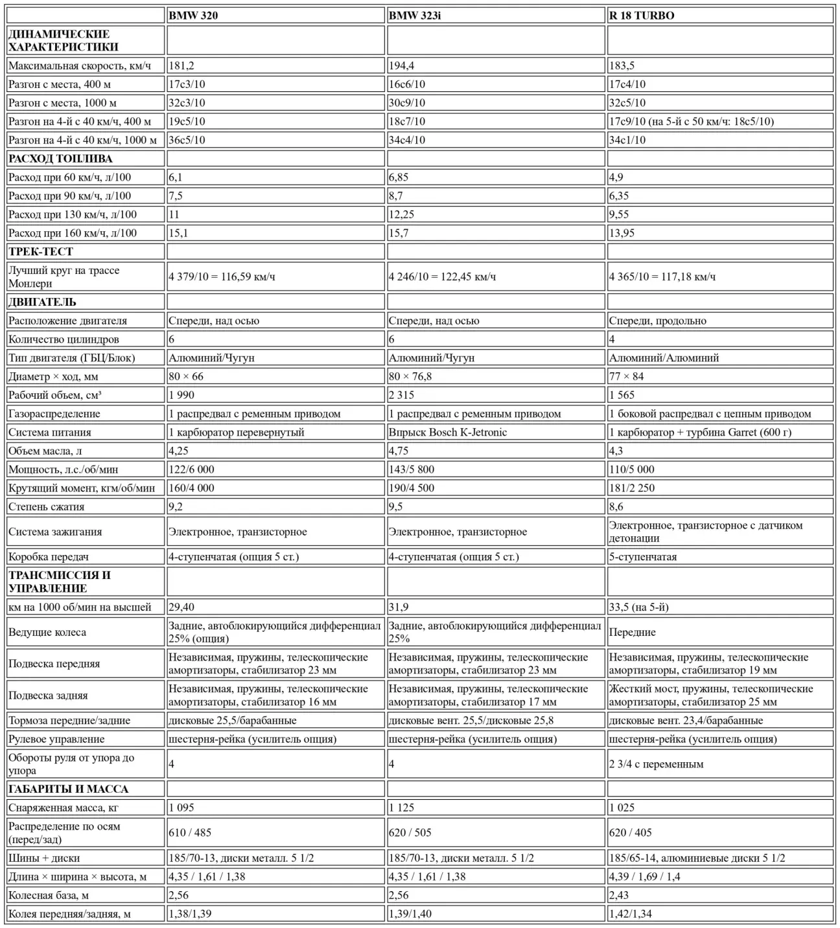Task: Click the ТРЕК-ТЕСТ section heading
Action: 41,251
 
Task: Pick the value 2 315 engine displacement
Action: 401,395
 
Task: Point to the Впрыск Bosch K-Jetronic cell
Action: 448,432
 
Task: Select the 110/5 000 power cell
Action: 631,470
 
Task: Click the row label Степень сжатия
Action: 47,506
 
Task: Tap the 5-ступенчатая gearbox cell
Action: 642,556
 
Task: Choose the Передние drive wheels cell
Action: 632,632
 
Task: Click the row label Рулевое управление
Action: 56,739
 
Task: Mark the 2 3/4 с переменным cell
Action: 656,764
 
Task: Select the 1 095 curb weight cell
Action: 181,808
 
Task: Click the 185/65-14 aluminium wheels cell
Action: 697,858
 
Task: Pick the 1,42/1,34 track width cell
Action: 630,914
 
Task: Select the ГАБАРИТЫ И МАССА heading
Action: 68,789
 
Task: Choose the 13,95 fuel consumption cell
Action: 622,233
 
